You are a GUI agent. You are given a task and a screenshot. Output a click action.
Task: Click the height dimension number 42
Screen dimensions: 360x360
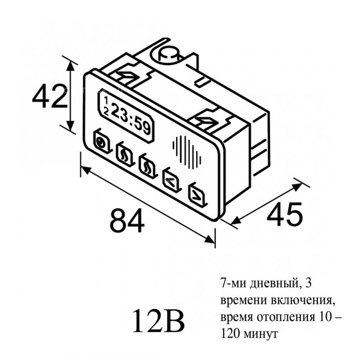point(49,96)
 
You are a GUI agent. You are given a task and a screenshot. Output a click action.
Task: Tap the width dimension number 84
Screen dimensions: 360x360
point(127,220)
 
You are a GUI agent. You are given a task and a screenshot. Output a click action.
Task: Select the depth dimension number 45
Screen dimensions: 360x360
point(285,214)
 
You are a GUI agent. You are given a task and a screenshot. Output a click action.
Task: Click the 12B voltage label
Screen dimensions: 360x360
point(158,321)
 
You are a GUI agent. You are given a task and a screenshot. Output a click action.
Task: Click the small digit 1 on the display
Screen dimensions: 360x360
point(106,100)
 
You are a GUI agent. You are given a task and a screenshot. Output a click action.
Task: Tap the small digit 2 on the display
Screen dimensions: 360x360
point(106,112)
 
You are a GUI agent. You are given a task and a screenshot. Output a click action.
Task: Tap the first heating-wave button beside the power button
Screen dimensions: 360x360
point(125,153)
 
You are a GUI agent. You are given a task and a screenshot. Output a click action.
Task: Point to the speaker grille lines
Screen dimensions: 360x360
point(187,152)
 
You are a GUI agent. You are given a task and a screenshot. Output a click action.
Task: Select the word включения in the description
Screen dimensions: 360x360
point(303,300)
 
